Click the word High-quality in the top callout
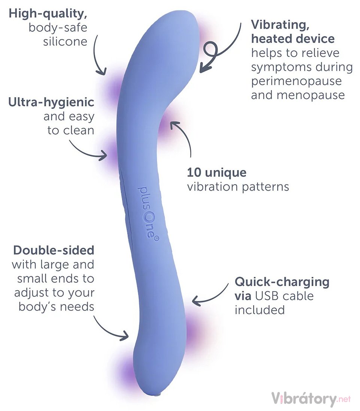tap(48, 14)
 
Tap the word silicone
tap(65, 41)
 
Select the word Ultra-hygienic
tap(51, 102)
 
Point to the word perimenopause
tap(296, 81)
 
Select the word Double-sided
tap(53, 250)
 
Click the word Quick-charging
tap(282, 282)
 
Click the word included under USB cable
tap(260, 310)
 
